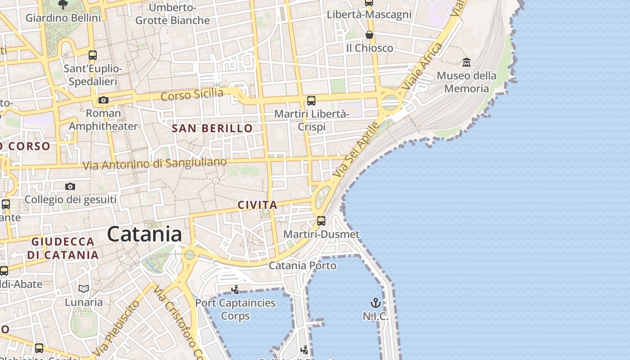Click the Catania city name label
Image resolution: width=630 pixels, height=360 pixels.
(x=144, y=234)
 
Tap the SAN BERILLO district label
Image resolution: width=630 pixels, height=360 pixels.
(x=212, y=128)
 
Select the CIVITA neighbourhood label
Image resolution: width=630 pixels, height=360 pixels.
(x=257, y=205)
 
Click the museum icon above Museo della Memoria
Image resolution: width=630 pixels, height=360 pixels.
(x=466, y=62)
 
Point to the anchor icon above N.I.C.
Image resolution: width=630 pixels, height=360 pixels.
(x=375, y=302)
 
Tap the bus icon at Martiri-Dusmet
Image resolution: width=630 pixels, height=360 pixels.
(x=321, y=220)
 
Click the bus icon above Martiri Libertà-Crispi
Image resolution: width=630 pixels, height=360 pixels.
(x=311, y=100)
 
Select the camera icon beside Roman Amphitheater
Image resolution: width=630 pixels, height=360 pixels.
(x=103, y=100)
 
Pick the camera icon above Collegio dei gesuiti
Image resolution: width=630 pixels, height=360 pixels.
(x=70, y=186)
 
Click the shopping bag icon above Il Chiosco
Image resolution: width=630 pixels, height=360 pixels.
(x=369, y=35)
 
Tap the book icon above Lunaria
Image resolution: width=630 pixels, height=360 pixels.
(x=84, y=288)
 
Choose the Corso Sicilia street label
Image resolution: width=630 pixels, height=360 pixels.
(x=192, y=95)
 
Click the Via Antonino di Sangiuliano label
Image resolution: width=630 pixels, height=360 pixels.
(x=154, y=164)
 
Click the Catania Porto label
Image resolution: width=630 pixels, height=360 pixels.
(x=302, y=265)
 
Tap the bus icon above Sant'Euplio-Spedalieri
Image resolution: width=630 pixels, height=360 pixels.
(x=93, y=55)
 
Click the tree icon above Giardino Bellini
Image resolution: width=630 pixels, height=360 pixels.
(x=63, y=4)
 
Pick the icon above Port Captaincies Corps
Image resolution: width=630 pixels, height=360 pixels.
(x=235, y=289)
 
